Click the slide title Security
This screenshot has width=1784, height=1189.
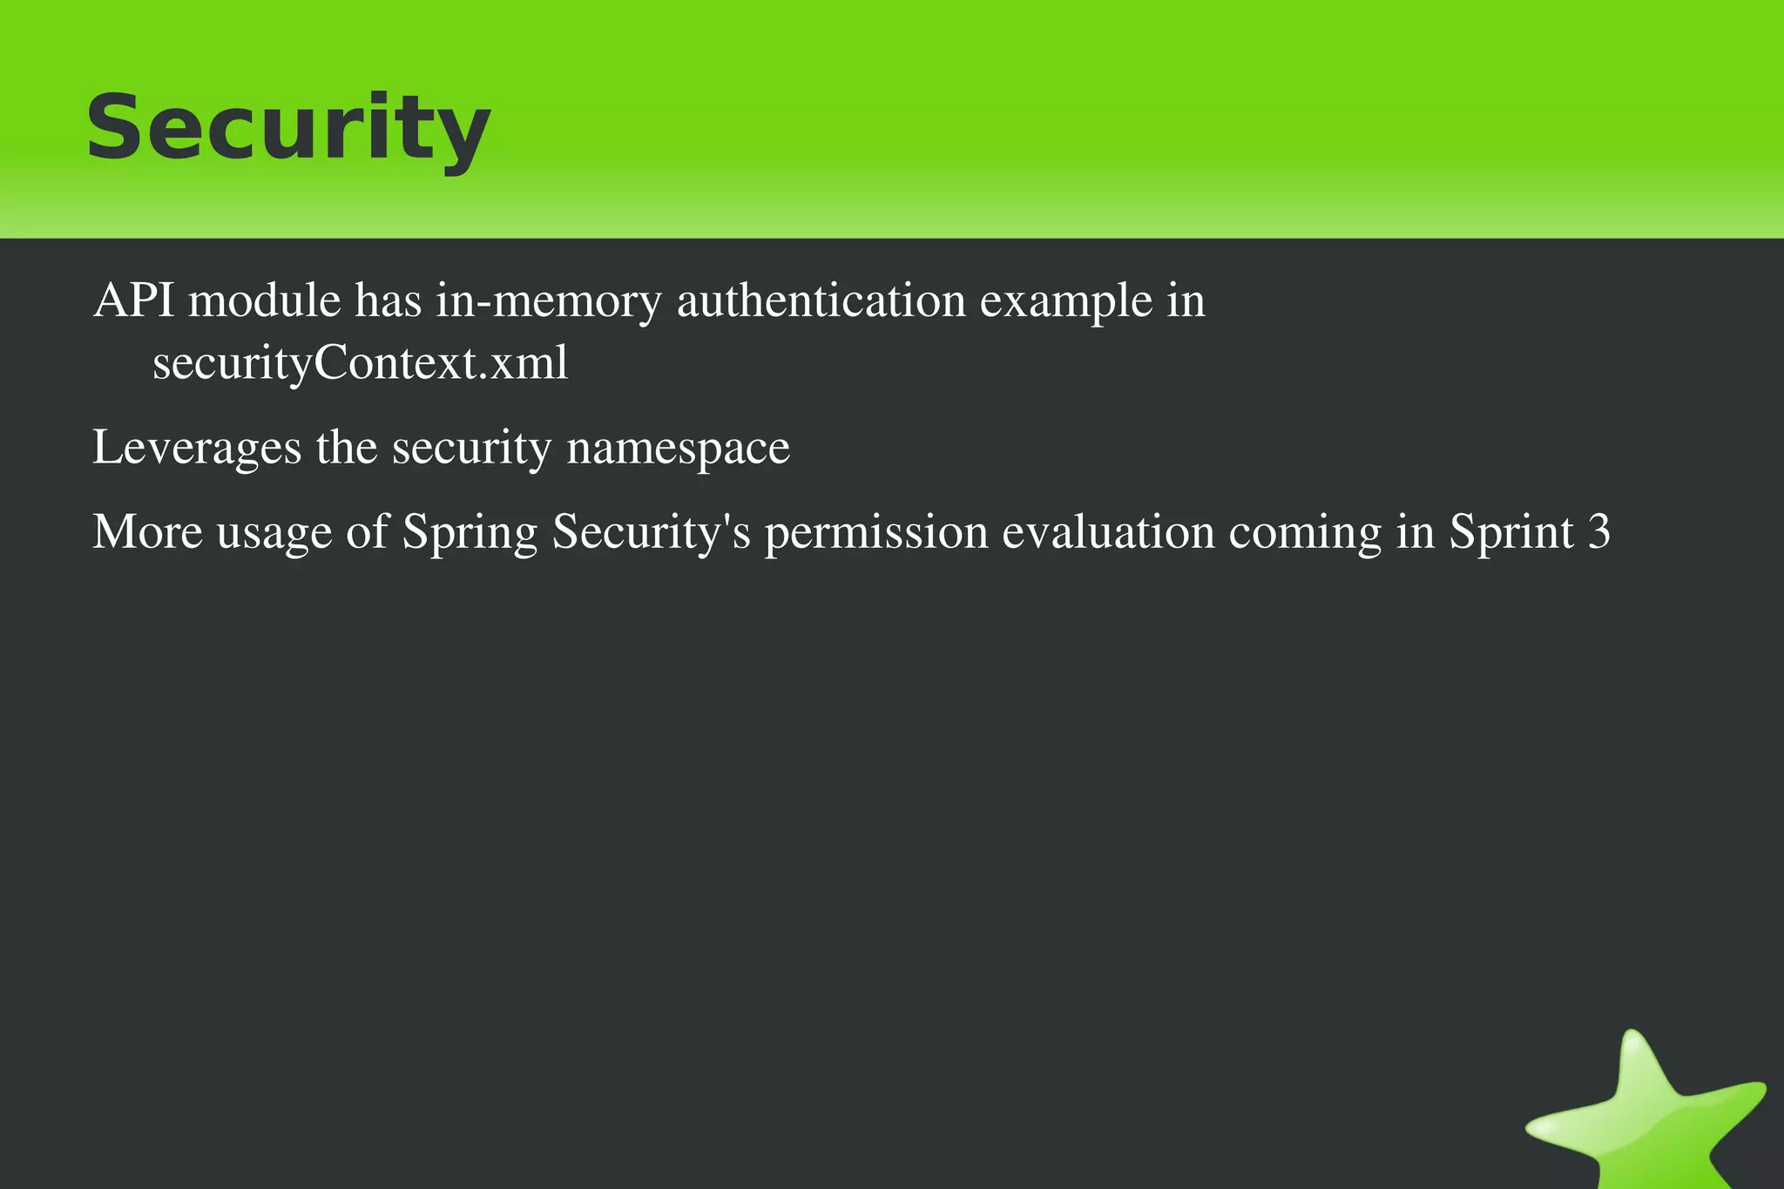click(x=288, y=128)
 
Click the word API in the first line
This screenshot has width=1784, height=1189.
click(x=133, y=301)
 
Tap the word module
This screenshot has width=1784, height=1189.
click(x=265, y=301)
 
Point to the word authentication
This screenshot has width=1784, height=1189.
click(x=821, y=301)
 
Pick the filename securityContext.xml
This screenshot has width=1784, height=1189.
click(x=361, y=363)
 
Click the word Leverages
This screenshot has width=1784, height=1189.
click(x=197, y=449)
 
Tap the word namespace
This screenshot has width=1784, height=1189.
click(x=678, y=449)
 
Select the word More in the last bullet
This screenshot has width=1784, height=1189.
click(x=147, y=531)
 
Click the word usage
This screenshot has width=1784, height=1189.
click(x=274, y=533)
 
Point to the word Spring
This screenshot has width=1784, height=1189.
click(x=470, y=533)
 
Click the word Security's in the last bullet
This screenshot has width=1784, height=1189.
click(x=651, y=533)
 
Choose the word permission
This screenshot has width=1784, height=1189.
click(x=875, y=533)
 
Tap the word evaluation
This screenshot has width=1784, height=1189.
click(x=1108, y=531)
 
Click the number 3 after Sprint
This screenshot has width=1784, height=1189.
click(x=1599, y=531)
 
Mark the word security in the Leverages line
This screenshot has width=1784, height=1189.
click(x=471, y=449)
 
